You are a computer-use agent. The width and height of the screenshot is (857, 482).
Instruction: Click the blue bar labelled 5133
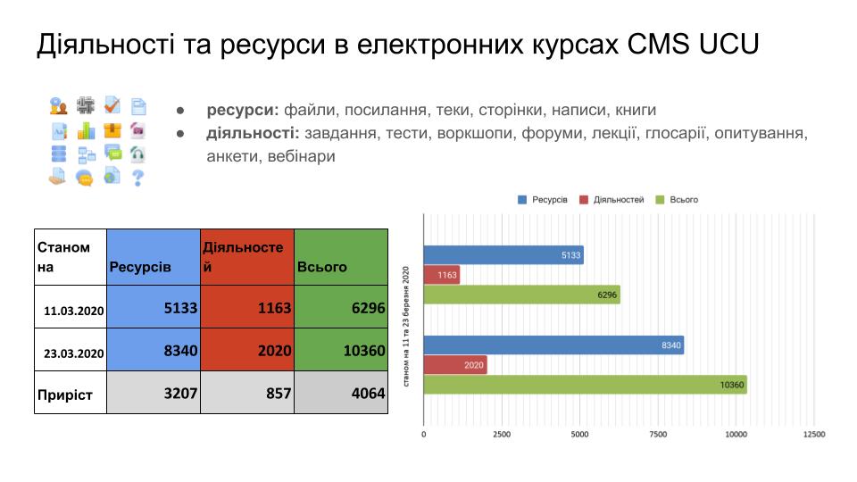tap(503, 255)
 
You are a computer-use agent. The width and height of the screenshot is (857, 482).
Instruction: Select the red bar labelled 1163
tap(442, 275)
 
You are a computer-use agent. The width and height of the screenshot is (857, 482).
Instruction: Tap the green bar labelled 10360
tap(586, 385)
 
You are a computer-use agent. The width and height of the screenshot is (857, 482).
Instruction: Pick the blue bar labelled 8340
tap(553, 345)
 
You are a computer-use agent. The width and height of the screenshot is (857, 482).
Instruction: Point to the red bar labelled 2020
tap(455, 365)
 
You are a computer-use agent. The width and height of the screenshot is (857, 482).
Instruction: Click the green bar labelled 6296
tap(522, 295)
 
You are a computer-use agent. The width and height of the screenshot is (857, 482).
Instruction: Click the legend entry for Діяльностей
tap(612, 200)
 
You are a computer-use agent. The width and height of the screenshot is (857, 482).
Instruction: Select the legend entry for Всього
tap(677, 200)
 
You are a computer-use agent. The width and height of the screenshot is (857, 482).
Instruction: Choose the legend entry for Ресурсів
tap(542, 200)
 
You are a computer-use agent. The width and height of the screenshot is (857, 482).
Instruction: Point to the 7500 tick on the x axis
tap(658, 435)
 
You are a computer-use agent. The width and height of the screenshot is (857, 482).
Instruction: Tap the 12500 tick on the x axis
tap(814, 435)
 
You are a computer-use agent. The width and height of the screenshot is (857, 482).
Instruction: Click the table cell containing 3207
tap(154, 393)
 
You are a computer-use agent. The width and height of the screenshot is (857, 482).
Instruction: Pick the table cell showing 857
tap(247, 393)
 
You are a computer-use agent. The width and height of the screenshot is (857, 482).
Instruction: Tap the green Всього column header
tap(341, 257)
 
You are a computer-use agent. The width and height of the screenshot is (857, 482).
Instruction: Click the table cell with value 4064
tap(341, 393)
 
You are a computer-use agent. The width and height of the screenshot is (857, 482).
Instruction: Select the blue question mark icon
tap(137, 178)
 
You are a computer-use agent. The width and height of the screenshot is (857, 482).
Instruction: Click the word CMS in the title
tap(658, 44)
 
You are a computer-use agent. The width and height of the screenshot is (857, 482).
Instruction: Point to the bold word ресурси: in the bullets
tap(243, 111)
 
